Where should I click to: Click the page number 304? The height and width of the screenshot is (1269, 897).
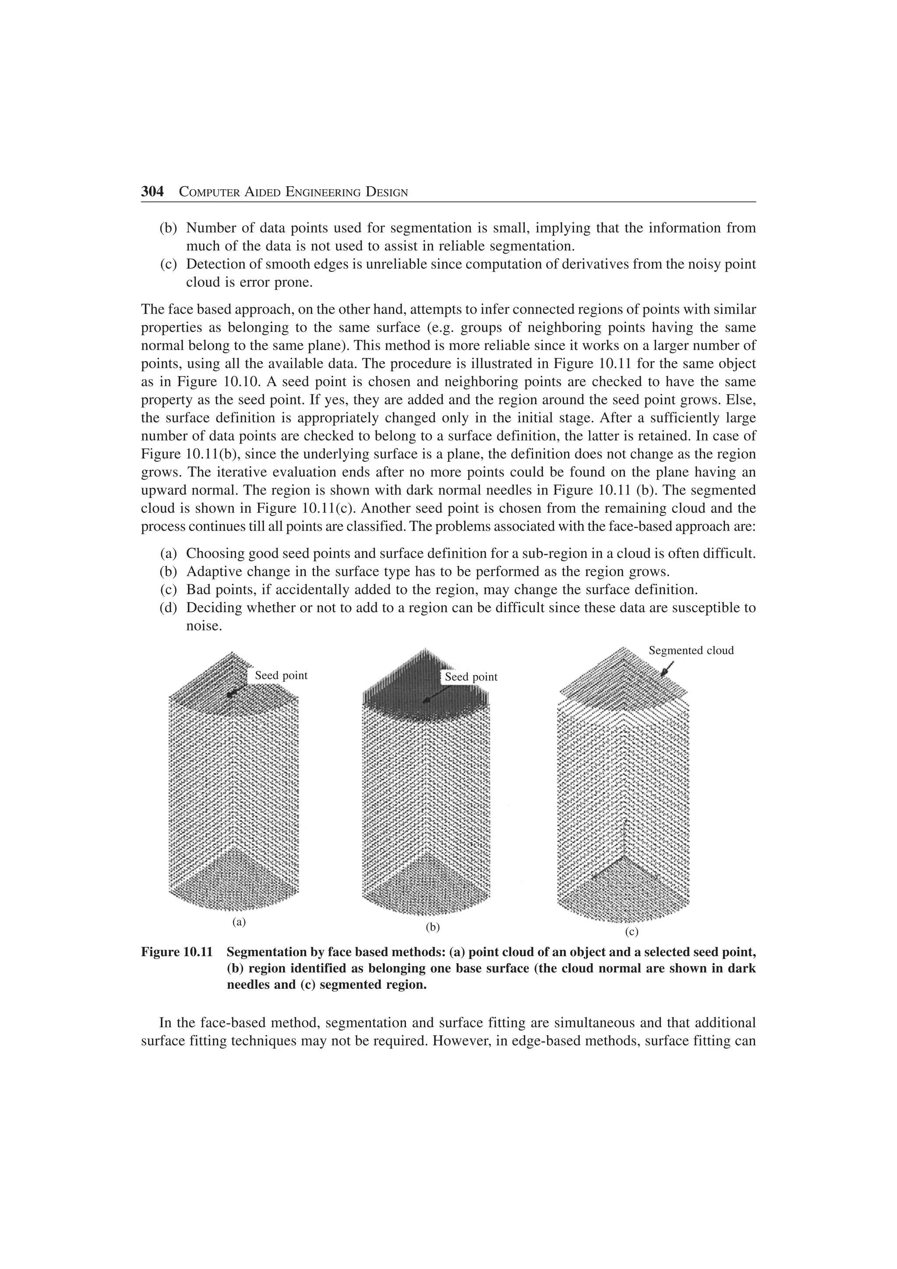pyautogui.click(x=152, y=192)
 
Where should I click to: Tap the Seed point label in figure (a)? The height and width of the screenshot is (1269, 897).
pyautogui.click(x=281, y=675)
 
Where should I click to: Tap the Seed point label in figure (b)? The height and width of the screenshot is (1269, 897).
pyautogui.click(x=471, y=677)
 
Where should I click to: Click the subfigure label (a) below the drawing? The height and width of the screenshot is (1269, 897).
pyautogui.click(x=239, y=921)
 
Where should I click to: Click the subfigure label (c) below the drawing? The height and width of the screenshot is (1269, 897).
pyautogui.click(x=632, y=932)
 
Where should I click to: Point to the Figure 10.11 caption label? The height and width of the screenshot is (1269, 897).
pyautogui.click(x=177, y=952)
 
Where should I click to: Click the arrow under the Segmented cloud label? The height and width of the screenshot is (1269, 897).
pyautogui.click(x=667, y=669)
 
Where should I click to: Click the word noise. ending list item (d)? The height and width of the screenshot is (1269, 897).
pyautogui.click(x=203, y=626)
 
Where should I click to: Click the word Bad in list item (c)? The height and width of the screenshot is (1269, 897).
pyautogui.click(x=196, y=590)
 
